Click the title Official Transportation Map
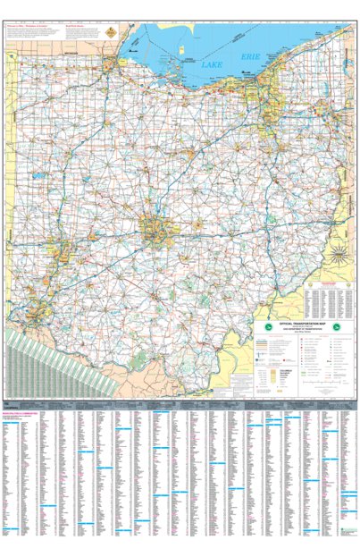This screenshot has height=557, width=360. coord(298,322)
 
